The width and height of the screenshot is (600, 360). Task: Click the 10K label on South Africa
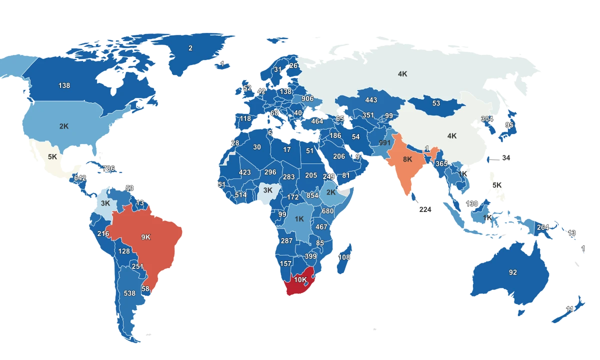pos(300,280)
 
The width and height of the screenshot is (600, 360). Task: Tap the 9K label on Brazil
pos(145,237)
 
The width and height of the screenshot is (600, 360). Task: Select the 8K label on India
pos(407,159)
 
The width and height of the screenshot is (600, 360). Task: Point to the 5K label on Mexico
pos(52,156)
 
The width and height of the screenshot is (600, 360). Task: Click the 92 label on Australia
pos(513,272)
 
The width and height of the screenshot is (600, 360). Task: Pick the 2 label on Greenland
pos(190,48)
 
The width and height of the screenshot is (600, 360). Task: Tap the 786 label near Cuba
pos(109,168)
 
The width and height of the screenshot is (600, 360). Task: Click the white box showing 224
pos(425,209)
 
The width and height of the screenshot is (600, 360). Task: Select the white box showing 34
pos(506,158)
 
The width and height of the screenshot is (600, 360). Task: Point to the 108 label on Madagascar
pos(344,257)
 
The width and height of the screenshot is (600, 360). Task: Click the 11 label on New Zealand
pos(569,309)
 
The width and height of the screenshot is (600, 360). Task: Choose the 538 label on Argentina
pos(129,293)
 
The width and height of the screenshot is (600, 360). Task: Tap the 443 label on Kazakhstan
pos(371,100)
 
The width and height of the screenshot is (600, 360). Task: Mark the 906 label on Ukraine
pos(307,99)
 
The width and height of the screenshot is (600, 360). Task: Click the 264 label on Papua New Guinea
pos(543,227)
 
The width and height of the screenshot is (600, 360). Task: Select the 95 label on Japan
pos(509,125)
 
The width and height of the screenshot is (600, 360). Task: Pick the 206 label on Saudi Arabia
pos(339,156)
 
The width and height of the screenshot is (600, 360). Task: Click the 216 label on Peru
pos(103,234)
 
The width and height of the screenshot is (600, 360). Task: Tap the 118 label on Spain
pos(245,119)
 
